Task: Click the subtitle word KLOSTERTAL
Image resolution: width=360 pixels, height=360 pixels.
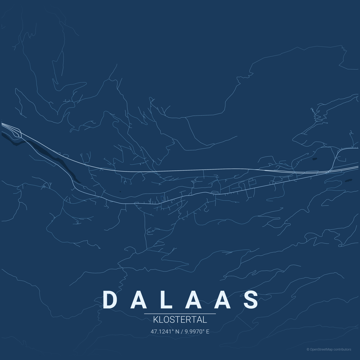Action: [x=180, y=320]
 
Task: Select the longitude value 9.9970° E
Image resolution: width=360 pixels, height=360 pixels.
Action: [x=197, y=331]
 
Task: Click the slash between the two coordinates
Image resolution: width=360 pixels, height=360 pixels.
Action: [x=182, y=331]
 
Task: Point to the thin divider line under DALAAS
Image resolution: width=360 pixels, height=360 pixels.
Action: [x=180, y=313]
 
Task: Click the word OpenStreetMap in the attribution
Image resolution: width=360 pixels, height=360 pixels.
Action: [x=321, y=349]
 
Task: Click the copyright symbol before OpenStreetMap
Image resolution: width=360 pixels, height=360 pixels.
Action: [x=308, y=349]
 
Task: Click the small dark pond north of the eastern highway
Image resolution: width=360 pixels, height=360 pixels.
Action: [x=314, y=159]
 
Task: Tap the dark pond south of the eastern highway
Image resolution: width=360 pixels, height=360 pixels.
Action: [x=348, y=180]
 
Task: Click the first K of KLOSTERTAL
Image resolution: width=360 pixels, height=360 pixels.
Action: [x=156, y=320]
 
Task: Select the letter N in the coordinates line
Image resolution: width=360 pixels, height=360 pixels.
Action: [x=177, y=331]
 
